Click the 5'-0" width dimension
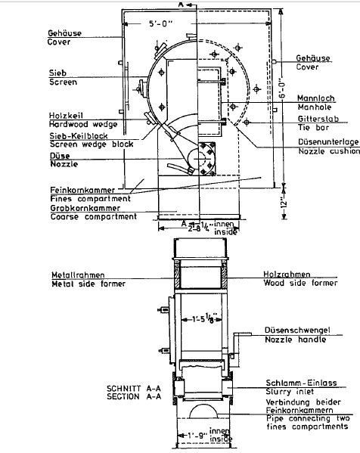coord(160,23)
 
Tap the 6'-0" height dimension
coord(282,88)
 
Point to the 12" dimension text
coord(284,201)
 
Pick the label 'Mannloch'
coord(316,98)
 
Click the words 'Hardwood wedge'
coord(83,125)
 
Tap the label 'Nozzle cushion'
coord(329,151)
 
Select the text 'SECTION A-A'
coord(134,397)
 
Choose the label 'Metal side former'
coord(88,284)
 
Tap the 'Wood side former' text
coord(300,283)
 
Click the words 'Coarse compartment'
coord(94,217)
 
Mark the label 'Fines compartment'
coord(91,199)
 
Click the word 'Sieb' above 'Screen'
coord(57,73)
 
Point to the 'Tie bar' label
coord(313,127)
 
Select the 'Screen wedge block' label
coord(92,144)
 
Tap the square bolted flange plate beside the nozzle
coord(207,159)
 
